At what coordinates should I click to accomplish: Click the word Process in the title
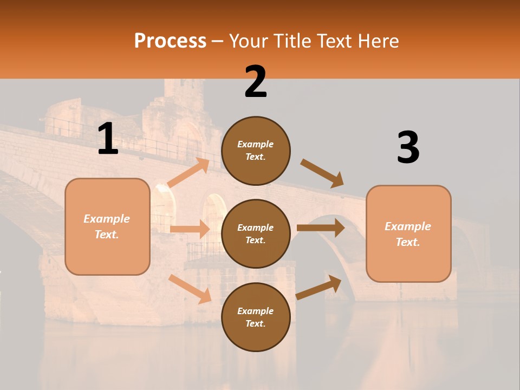pos(170,41)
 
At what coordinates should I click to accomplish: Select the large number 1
pos(108,139)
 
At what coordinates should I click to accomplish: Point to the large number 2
pos(256,82)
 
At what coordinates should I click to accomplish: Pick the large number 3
pos(408,148)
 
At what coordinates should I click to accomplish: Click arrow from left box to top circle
pos(188,173)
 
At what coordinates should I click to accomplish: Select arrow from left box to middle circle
pos(190,229)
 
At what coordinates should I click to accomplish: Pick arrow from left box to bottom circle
pos(190,289)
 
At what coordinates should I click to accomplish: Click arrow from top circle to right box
pos(322,174)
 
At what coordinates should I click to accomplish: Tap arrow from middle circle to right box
pos(321,227)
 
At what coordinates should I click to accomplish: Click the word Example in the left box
pos(107,219)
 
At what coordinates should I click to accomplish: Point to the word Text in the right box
pos(407,242)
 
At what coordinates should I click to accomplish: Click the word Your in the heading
pos(249,41)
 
